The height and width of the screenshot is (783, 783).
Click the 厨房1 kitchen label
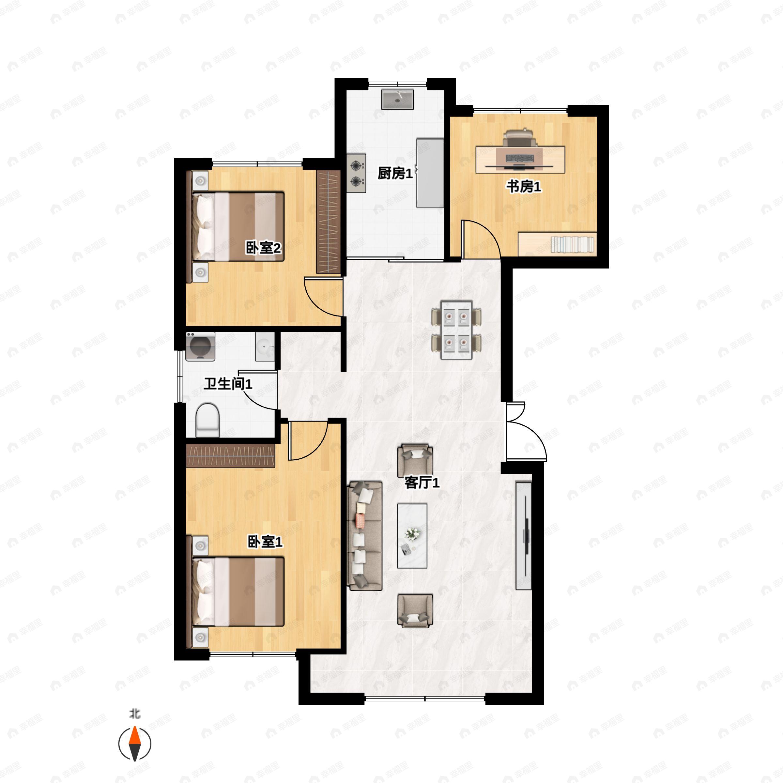click(x=395, y=174)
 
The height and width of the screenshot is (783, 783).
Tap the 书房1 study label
click(x=524, y=187)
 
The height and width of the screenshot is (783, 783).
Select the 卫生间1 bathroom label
click(x=228, y=383)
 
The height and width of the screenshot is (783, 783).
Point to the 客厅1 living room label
click(x=422, y=483)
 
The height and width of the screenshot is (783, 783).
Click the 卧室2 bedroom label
click(x=263, y=248)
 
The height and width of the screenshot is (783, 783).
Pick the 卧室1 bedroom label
click(x=265, y=542)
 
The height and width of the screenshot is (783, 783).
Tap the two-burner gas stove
click(x=356, y=173)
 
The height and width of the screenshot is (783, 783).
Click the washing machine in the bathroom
click(x=200, y=347)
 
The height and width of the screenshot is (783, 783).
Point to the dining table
click(x=457, y=330)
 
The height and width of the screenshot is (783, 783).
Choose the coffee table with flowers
click(x=412, y=536)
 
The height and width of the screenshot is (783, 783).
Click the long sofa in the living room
click(x=365, y=536)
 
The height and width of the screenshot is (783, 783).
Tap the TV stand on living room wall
click(x=523, y=535)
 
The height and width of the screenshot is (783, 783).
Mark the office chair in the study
click(x=520, y=138)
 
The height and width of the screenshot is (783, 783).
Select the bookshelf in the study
click(x=558, y=244)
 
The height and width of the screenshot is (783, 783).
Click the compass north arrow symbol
click(x=134, y=744)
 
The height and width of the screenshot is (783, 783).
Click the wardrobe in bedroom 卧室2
click(x=328, y=222)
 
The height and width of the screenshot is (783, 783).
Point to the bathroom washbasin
click(x=265, y=347)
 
